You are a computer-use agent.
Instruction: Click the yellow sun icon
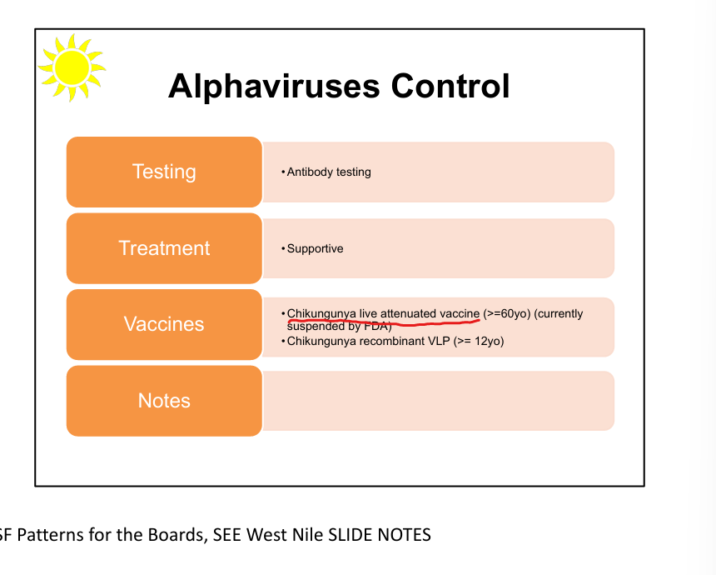click(71, 66)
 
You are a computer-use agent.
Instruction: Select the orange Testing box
click(164, 172)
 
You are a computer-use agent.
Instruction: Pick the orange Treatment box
click(164, 248)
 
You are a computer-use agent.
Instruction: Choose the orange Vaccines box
click(164, 324)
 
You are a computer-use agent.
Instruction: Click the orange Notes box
click(164, 401)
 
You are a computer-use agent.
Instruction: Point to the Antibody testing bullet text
click(329, 172)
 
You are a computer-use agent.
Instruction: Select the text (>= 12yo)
click(479, 342)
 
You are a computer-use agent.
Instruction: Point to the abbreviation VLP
click(439, 342)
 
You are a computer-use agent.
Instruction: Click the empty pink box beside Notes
click(439, 401)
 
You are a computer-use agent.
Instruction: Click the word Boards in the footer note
click(174, 535)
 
